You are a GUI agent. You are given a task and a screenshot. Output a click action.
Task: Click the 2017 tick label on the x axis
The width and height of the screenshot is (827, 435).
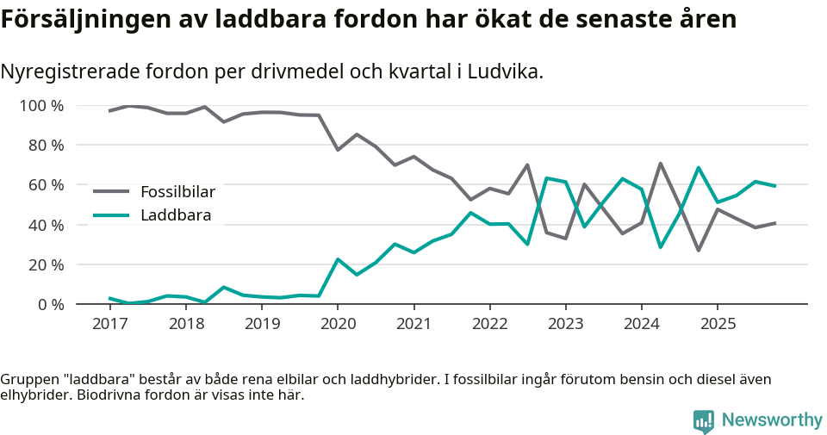pyautogui.click(x=109, y=324)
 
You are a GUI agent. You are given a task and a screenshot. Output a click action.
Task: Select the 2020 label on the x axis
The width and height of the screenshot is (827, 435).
pyautogui.click(x=338, y=324)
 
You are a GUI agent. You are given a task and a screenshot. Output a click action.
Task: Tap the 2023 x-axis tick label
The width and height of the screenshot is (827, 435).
pyautogui.click(x=566, y=324)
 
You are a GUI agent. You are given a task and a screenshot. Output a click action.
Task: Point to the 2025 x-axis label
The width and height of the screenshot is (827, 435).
pyautogui.click(x=718, y=324)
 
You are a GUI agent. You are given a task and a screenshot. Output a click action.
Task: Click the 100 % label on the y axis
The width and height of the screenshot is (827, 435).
pyautogui.click(x=41, y=106)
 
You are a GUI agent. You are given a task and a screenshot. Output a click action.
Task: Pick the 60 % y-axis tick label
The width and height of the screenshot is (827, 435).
pyautogui.click(x=46, y=185)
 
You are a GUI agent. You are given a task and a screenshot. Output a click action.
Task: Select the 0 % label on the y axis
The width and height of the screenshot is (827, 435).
pyautogui.click(x=50, y=304)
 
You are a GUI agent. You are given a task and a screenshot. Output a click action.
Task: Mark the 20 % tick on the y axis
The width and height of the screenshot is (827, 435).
pyautogui.click(x=46, y=264)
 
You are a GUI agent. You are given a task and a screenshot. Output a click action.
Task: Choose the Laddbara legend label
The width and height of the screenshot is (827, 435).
pyautogui.click(x=176, y=214)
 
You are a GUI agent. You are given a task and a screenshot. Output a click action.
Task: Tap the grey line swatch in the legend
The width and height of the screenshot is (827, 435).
pyautogui.click(x=111, y=191)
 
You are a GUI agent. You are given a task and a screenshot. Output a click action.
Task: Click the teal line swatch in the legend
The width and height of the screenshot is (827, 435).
pyautogui.click(x=111, y=214)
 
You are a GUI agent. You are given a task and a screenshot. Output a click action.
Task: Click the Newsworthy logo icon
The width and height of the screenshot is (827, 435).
pyautogui.click(x=704, y=420)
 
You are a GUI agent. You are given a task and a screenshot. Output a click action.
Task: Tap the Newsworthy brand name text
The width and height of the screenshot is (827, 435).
pyautogui.click(x=772, y=420)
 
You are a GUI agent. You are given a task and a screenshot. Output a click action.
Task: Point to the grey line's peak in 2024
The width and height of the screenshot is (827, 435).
pyautogui.click(x=660, y=163)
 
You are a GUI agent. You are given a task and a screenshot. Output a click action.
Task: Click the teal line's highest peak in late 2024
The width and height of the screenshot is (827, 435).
pyautogui.click(x=698, y=168)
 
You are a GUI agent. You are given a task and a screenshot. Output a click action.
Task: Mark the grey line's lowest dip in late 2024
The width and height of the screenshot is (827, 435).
pyautogui.click(x=698, y=250)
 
